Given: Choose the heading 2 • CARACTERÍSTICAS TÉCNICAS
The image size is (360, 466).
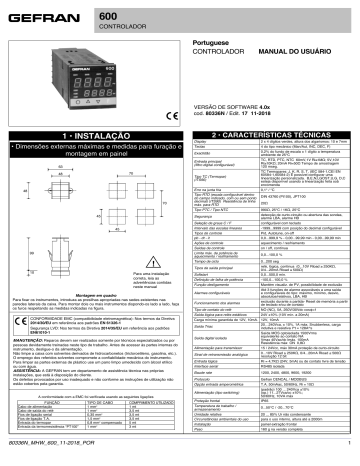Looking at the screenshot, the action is click(x=271, y=160).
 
